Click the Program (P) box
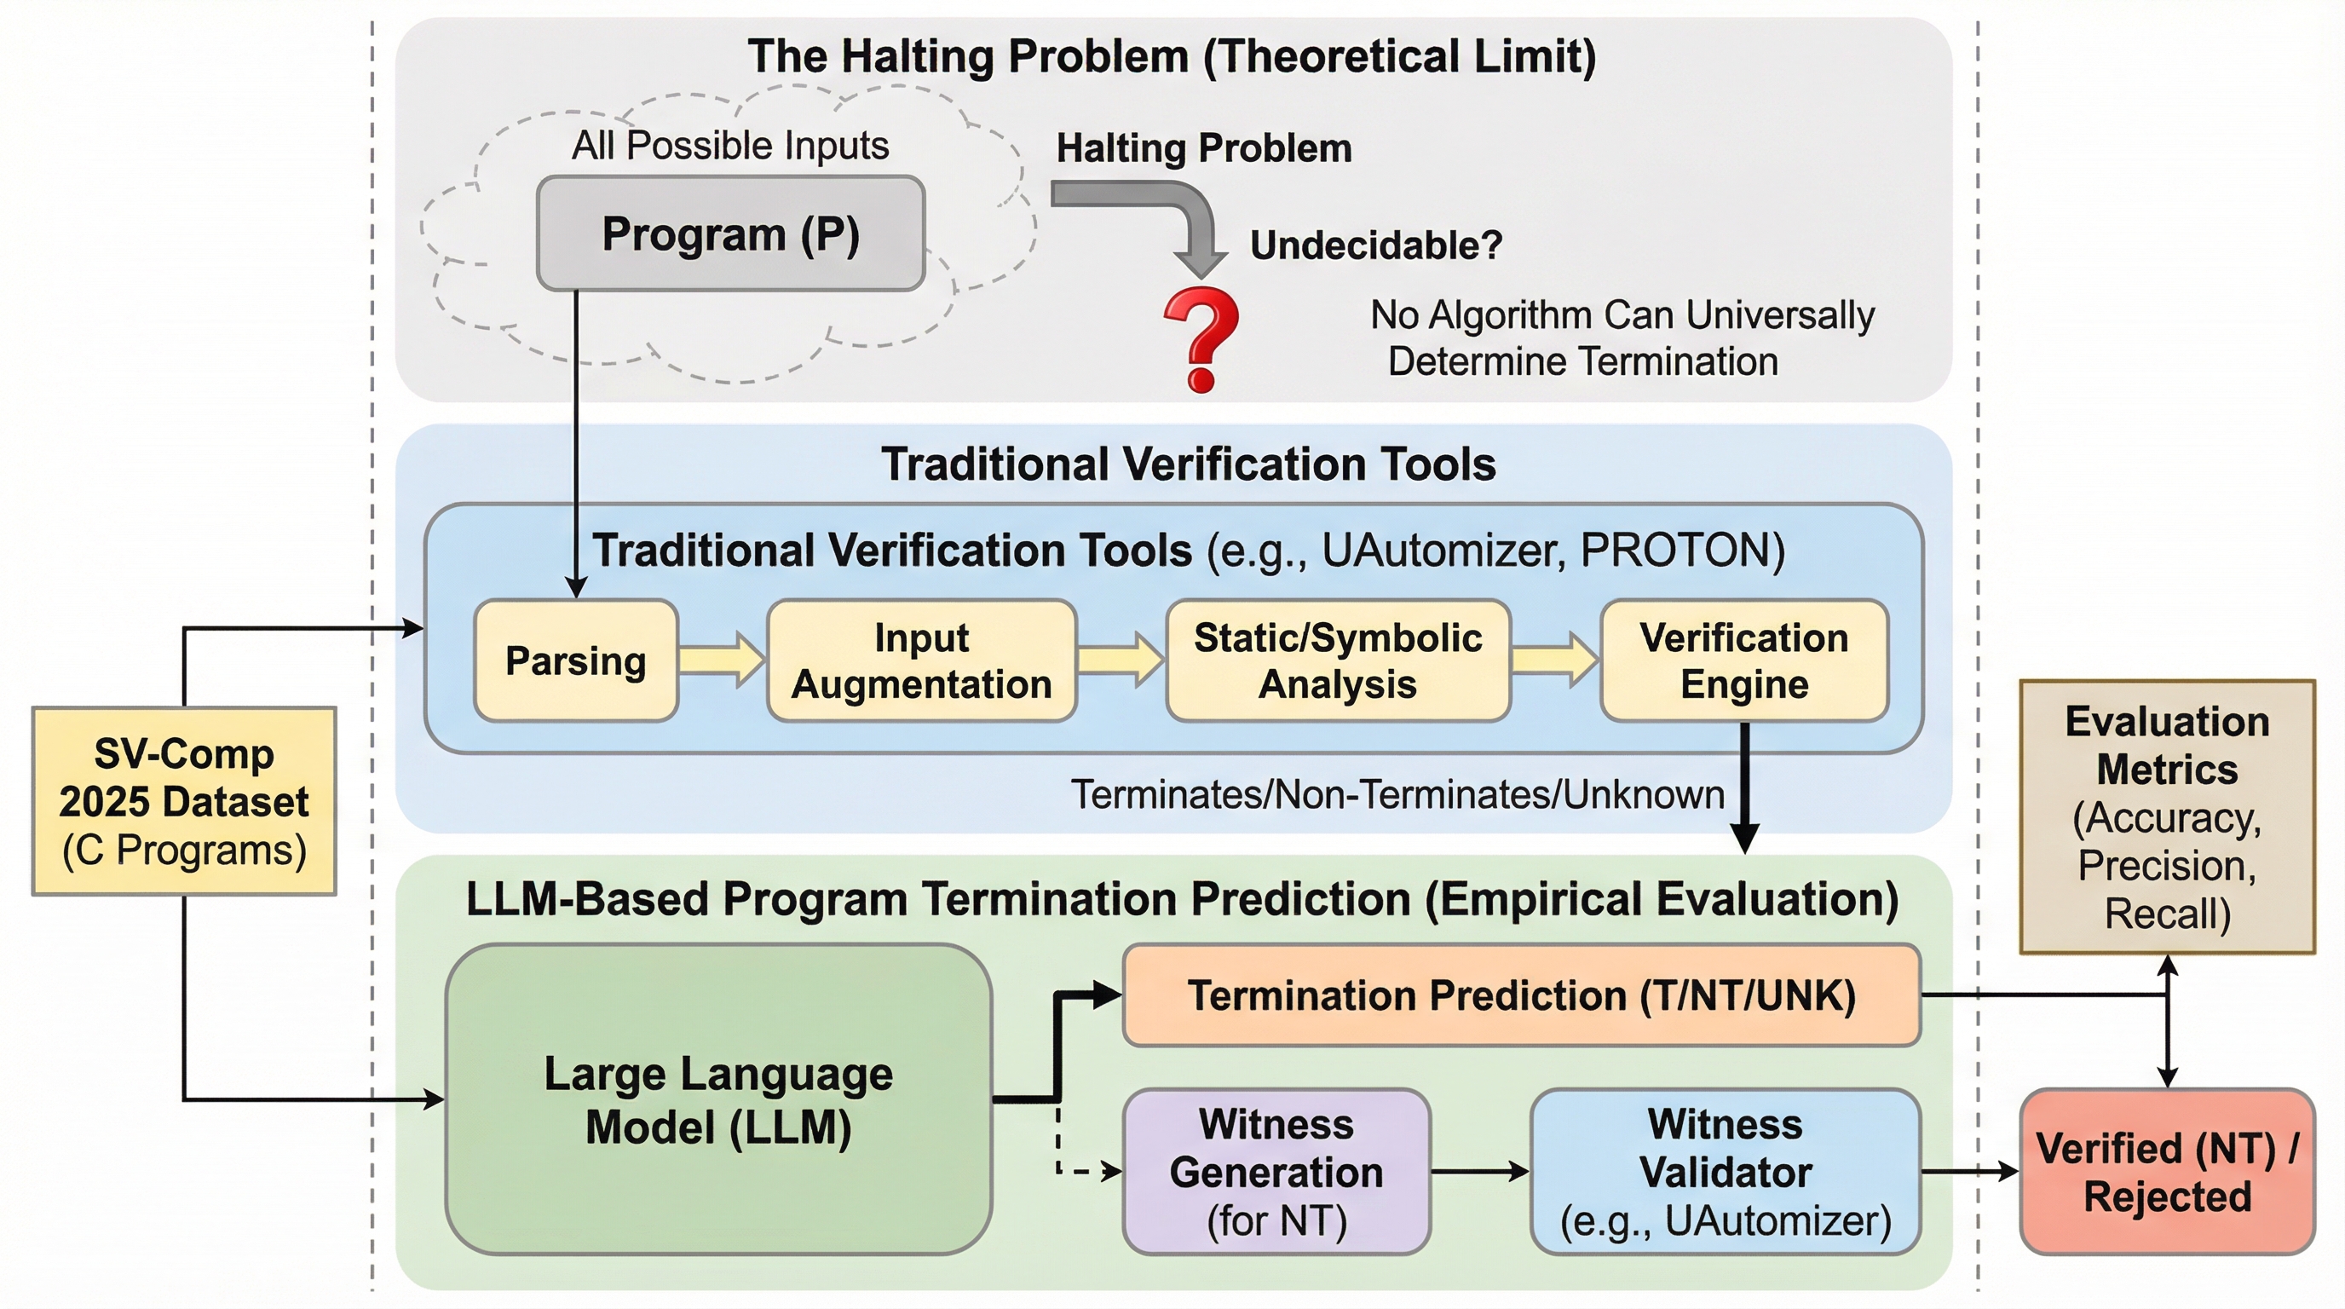[x=730, y=234]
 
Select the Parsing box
[x=575, y=660]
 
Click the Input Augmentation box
[x=921, y=660]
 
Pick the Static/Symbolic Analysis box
[x=1337, y=660]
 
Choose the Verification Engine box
[x=1743, y=660]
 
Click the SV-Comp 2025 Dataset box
[x=184, y=801]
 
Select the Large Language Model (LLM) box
[x=718, y=1099]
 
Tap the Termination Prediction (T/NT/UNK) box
[x=1521, y=995]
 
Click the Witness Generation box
[x=1276, y=1172]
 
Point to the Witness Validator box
[x=1725, y=1172]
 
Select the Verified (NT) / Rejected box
[x=2167, y=1172]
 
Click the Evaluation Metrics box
[x=2167, y=816]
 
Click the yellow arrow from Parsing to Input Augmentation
[x=722, y=659]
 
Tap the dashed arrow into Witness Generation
[x=1083, y=1171]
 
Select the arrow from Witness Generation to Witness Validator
[x=1479, y=1172]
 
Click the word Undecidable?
[x=1375, y=245]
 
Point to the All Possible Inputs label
[x=730, y=146]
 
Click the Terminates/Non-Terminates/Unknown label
[x=1397, y=794]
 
